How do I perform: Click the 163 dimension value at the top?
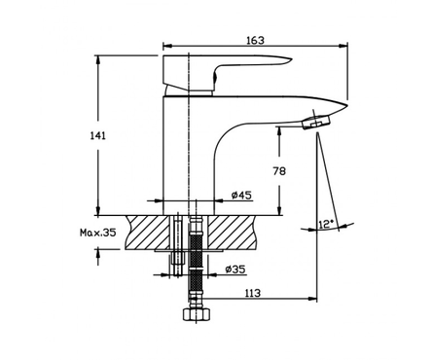tap(256, 40)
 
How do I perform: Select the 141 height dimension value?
tap(97, 136)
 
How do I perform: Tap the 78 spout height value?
tap(279, 171)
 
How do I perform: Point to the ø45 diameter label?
tap(241, 196)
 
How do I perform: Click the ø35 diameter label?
tap(235, 270)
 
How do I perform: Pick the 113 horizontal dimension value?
tap(253, 293)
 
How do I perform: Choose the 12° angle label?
tap(326, 224)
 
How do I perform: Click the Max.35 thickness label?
tap(97, 233)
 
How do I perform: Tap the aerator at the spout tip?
tap(316, 123)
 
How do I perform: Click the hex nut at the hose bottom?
tap(197, 314)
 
